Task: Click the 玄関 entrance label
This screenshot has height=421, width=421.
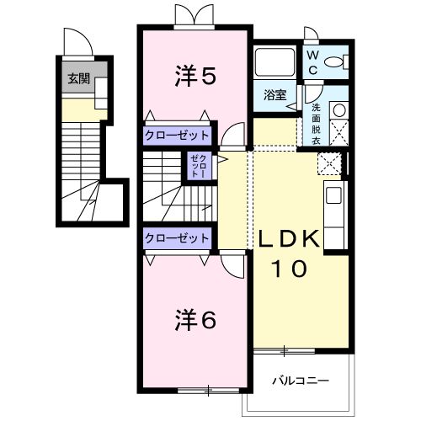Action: [79, 79]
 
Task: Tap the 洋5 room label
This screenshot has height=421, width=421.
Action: [195, 76]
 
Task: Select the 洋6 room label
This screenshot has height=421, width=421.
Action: [195, 320]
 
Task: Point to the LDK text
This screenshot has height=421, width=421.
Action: [289, 238]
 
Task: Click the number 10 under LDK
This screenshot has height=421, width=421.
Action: [288, 269]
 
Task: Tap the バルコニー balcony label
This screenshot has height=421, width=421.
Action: [301, 381]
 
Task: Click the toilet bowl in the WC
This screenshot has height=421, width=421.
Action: [334, 62]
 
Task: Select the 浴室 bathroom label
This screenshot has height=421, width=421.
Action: [275, 95]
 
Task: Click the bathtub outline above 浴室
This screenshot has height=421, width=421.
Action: [275, 61]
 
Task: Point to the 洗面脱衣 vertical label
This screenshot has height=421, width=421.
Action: [316, 124]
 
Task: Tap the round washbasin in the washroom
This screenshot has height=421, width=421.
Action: [339, 110]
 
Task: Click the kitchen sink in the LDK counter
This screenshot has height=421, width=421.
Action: [334, 195]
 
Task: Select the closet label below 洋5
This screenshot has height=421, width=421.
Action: [177, 136]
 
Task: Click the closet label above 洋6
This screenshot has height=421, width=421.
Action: [177, 238]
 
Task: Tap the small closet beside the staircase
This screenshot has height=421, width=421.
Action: [200, 166]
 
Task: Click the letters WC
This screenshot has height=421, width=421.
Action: [312, 62]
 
